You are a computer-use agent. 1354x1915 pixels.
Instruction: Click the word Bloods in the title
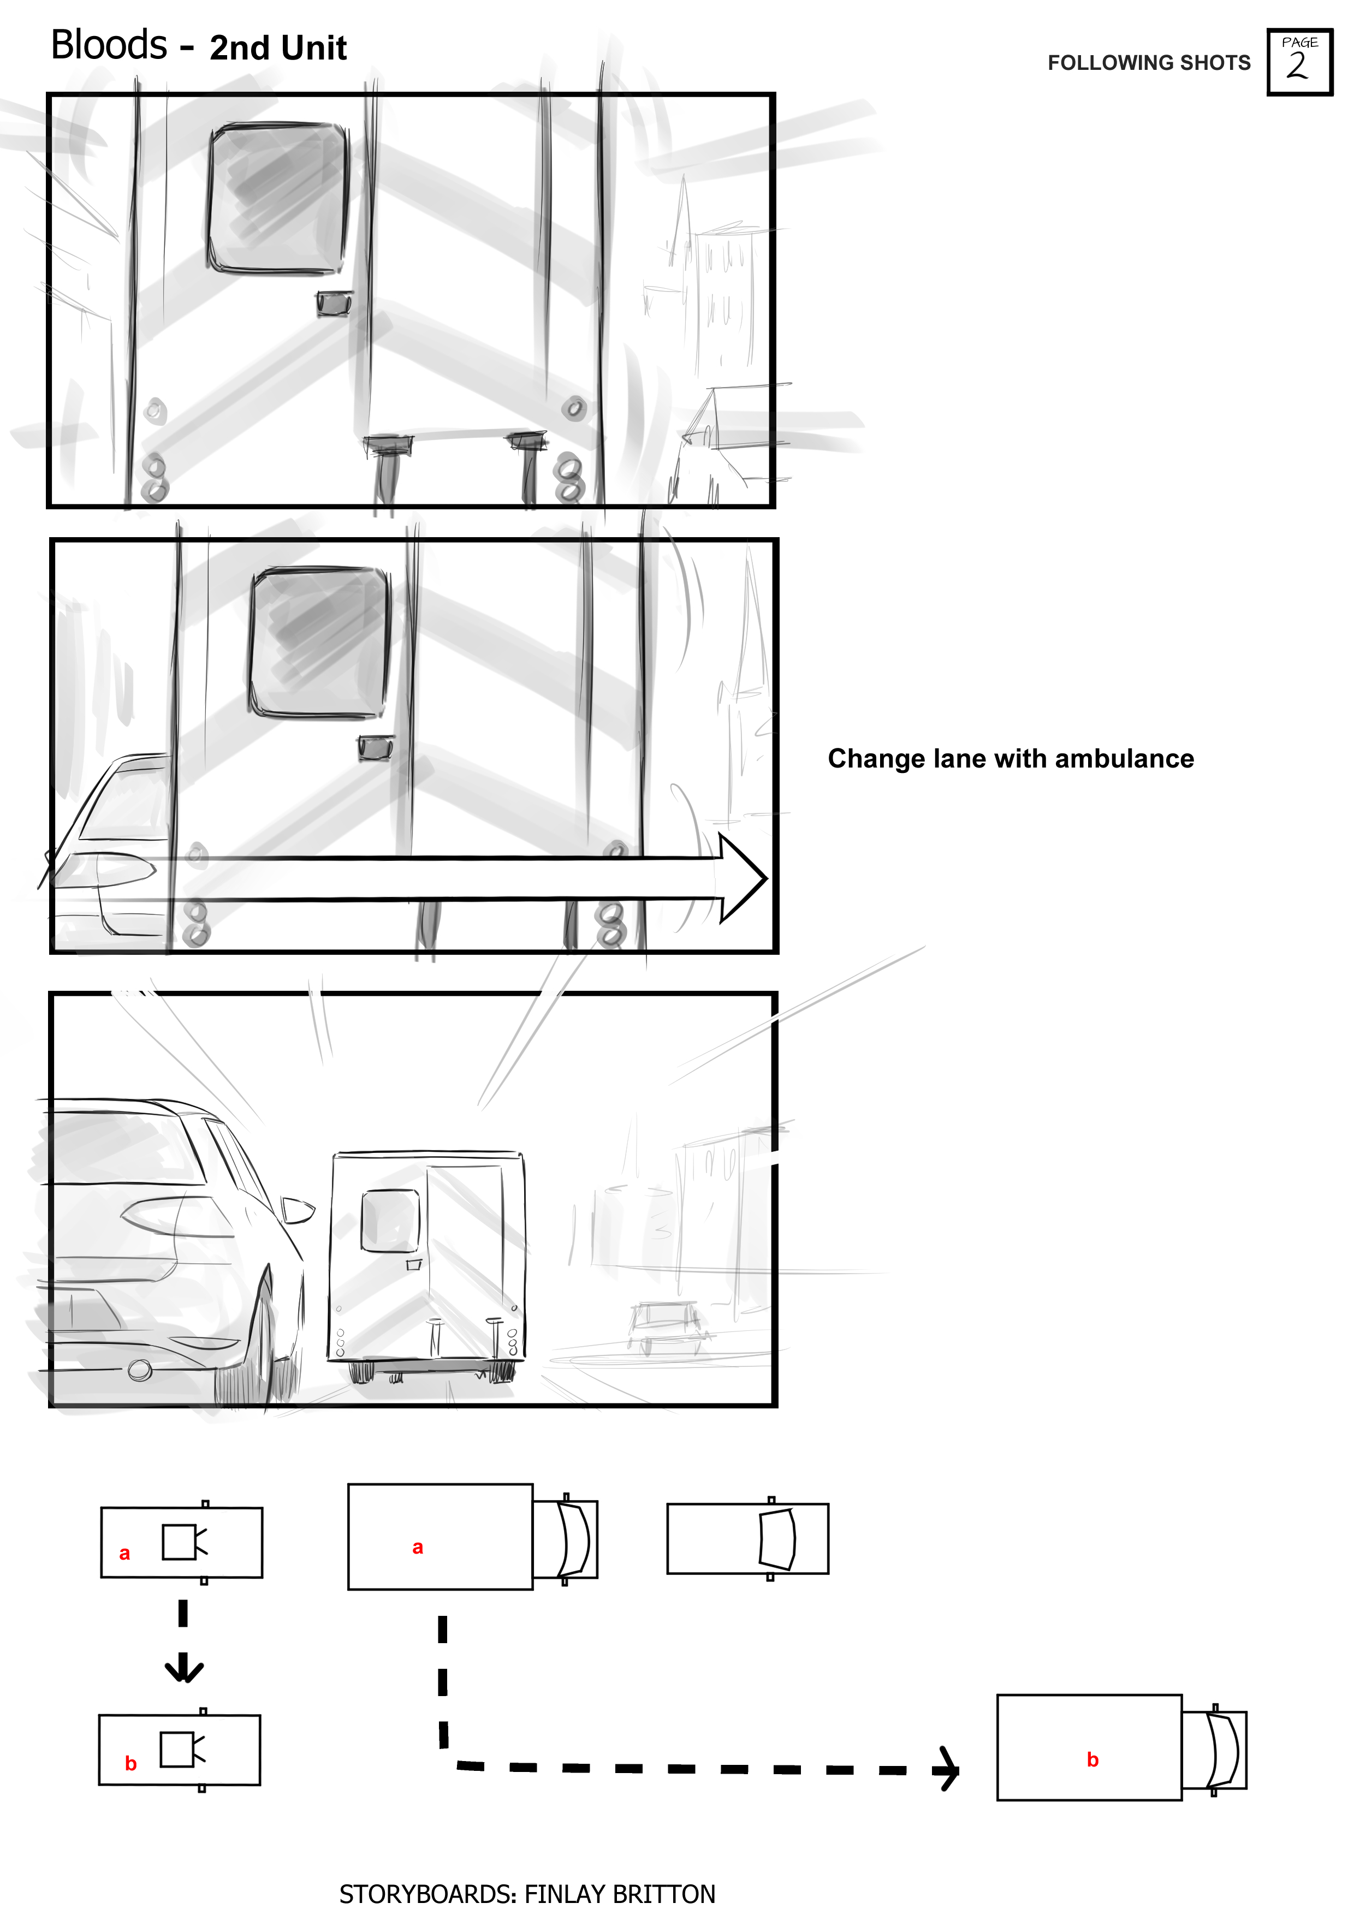[x=109, y=45]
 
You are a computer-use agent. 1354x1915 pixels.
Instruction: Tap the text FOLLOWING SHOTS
[x=1149, y=63]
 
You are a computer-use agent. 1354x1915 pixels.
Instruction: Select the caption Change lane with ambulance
[x=1010, y=758]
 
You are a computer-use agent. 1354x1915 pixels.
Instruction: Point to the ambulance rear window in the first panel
[x=278, y=199]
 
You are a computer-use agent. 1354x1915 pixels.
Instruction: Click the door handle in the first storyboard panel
[x=335, y=304]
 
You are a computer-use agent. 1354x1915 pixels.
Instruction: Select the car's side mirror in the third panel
[x=298, y=1209]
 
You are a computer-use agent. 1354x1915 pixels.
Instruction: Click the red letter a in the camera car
[x=124, y=1553]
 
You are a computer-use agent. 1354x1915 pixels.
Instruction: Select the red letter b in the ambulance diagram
[x=1093, y=1759]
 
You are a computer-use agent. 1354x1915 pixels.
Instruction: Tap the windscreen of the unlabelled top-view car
[x=777, y=1539]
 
